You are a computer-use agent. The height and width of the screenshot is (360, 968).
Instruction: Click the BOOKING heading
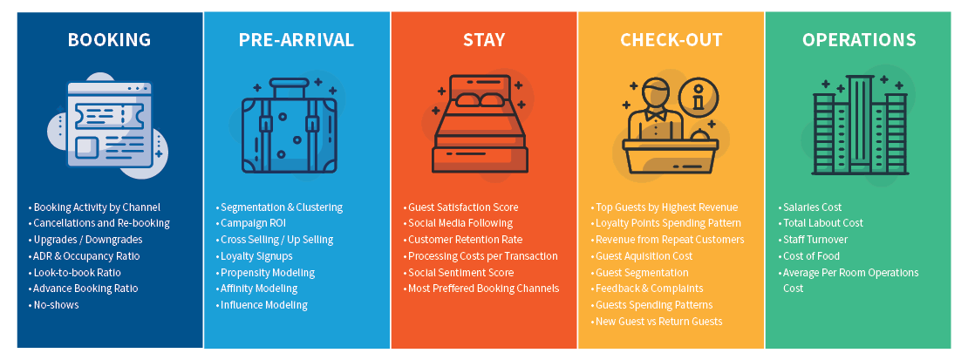click(109, 40)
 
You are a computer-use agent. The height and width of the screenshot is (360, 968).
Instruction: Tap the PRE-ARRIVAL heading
click(297, 40)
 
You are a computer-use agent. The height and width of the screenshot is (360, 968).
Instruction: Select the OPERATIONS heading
click(859, 40)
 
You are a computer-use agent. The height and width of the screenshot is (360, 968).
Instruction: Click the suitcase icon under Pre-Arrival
click(290, 126)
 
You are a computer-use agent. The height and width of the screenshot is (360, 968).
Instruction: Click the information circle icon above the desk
click(699, 98)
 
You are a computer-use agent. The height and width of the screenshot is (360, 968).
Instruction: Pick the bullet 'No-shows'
click(54, 305)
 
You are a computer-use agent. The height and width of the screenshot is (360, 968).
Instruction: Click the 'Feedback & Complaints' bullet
click(646, 289)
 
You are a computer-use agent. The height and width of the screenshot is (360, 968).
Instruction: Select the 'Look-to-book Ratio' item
click(75, 272)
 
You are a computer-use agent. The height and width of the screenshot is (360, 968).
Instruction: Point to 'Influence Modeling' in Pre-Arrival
click(262, 305)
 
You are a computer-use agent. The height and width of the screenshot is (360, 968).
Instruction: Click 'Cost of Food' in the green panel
click(808, 256)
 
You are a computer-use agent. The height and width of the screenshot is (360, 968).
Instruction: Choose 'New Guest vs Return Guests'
click(657, 322)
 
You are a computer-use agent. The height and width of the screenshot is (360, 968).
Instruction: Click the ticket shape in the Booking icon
click(109, 116)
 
